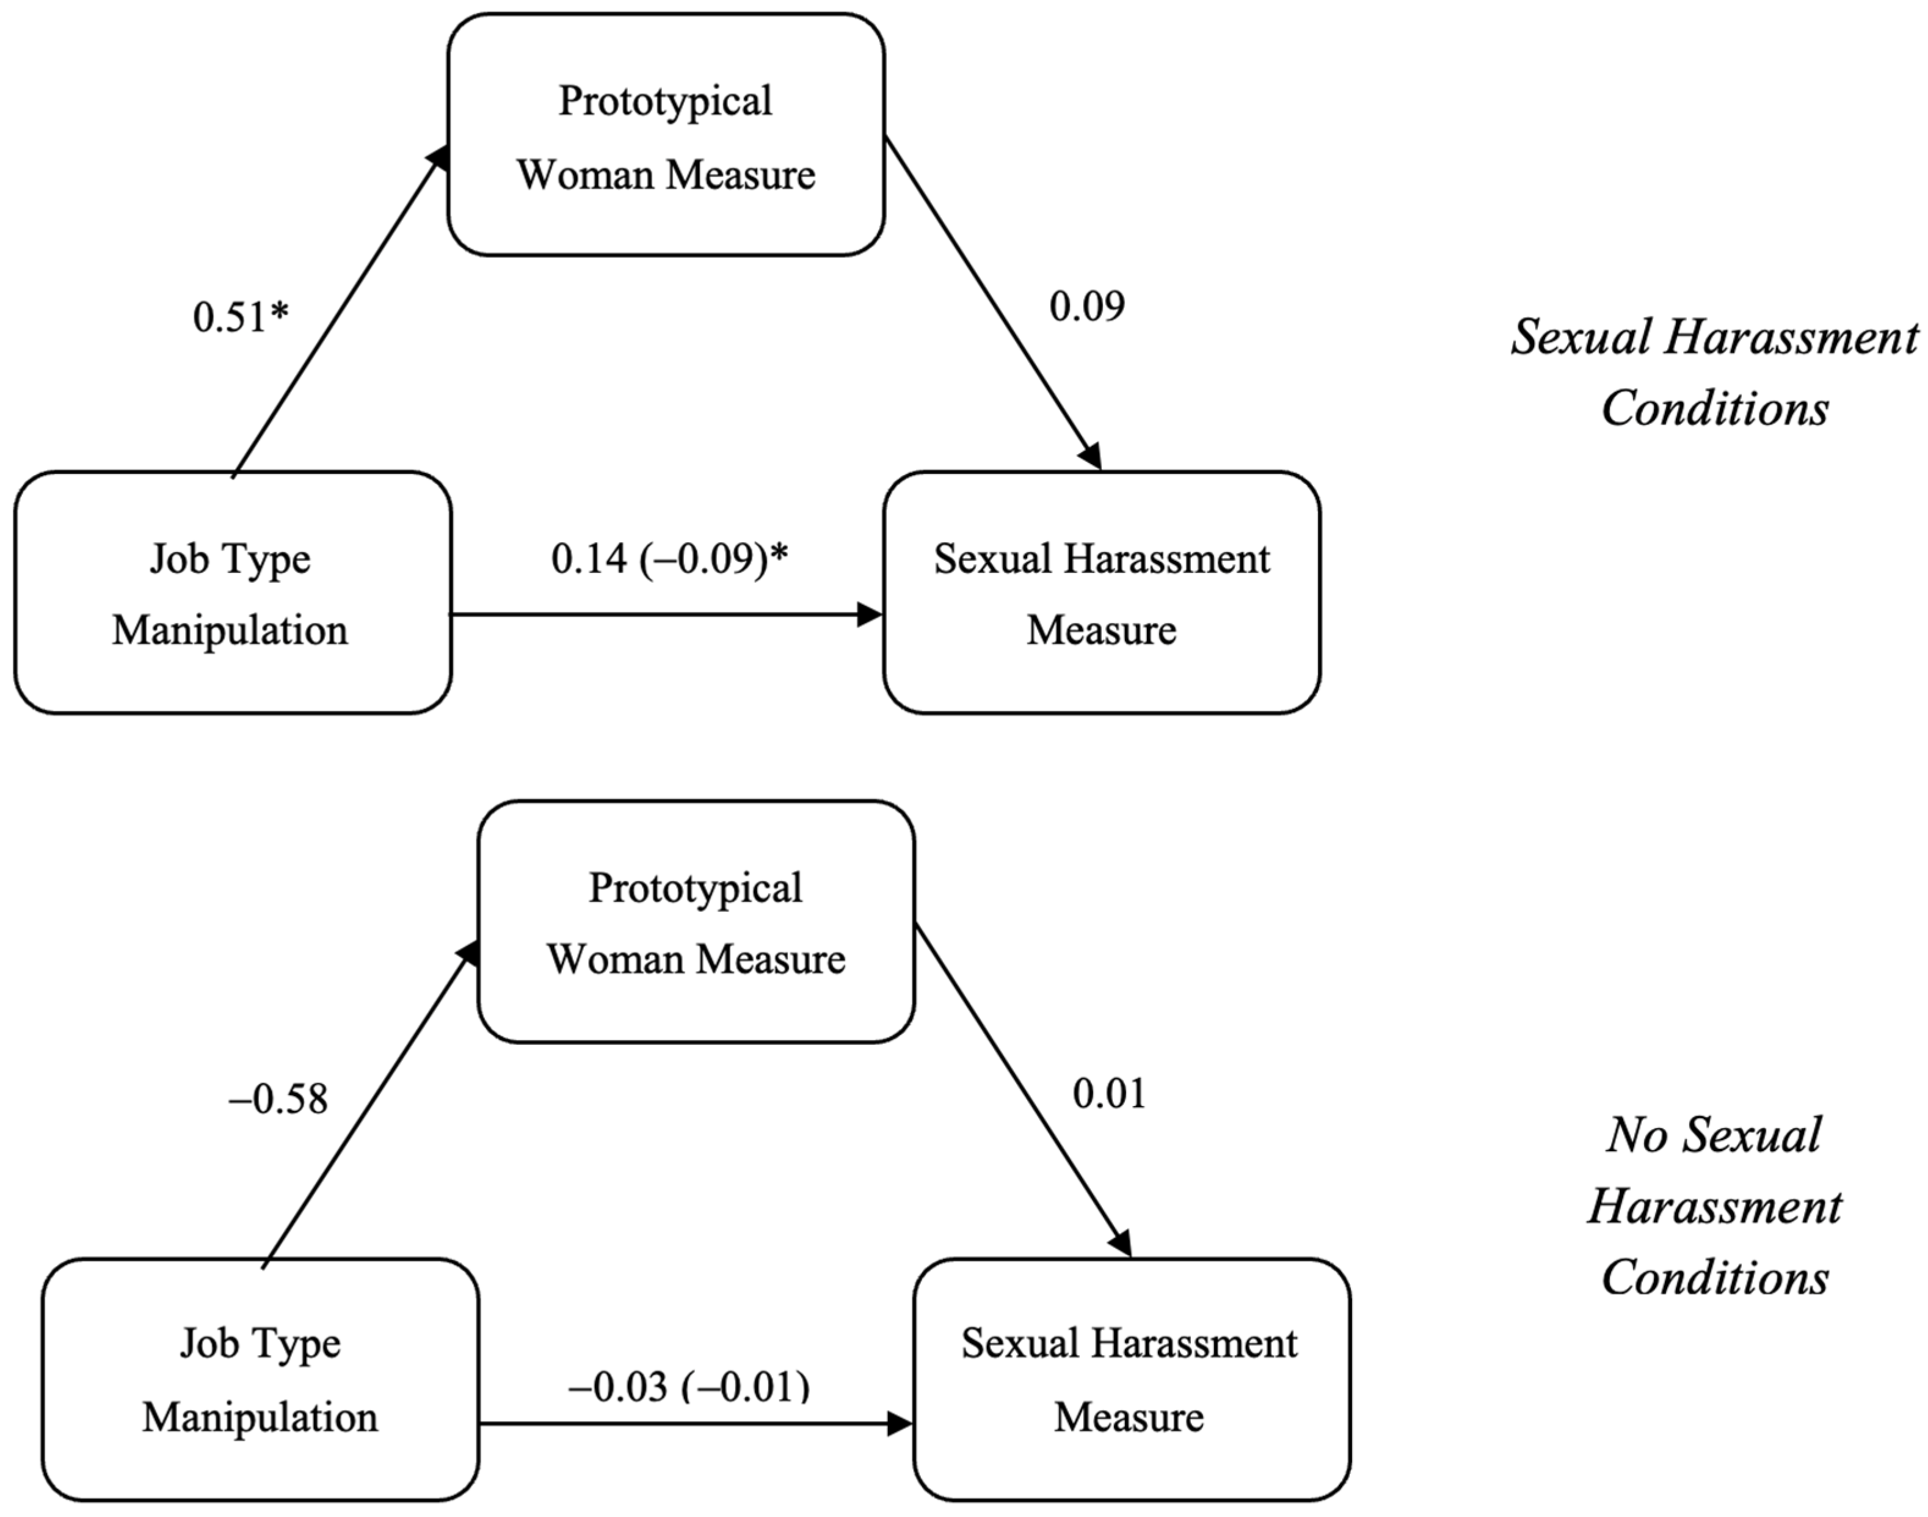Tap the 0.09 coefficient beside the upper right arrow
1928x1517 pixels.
[x=1086, y=307]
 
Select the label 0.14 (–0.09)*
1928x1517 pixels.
[x=669, y=559]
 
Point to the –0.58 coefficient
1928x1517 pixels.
[x=278, y=1099]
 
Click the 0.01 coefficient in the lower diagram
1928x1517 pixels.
[x=1109, y=1093]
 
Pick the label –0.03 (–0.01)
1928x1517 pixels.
[x=689, y=1386]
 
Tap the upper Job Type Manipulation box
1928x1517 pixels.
[x=232, y=593]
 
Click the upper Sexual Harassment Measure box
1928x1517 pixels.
[x=1101, y=593]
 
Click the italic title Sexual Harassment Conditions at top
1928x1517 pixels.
[x=1714, y=373]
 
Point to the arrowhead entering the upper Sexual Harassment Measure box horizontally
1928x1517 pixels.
[x=868, y=614]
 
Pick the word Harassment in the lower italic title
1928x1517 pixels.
[x=1714, y=1207]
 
